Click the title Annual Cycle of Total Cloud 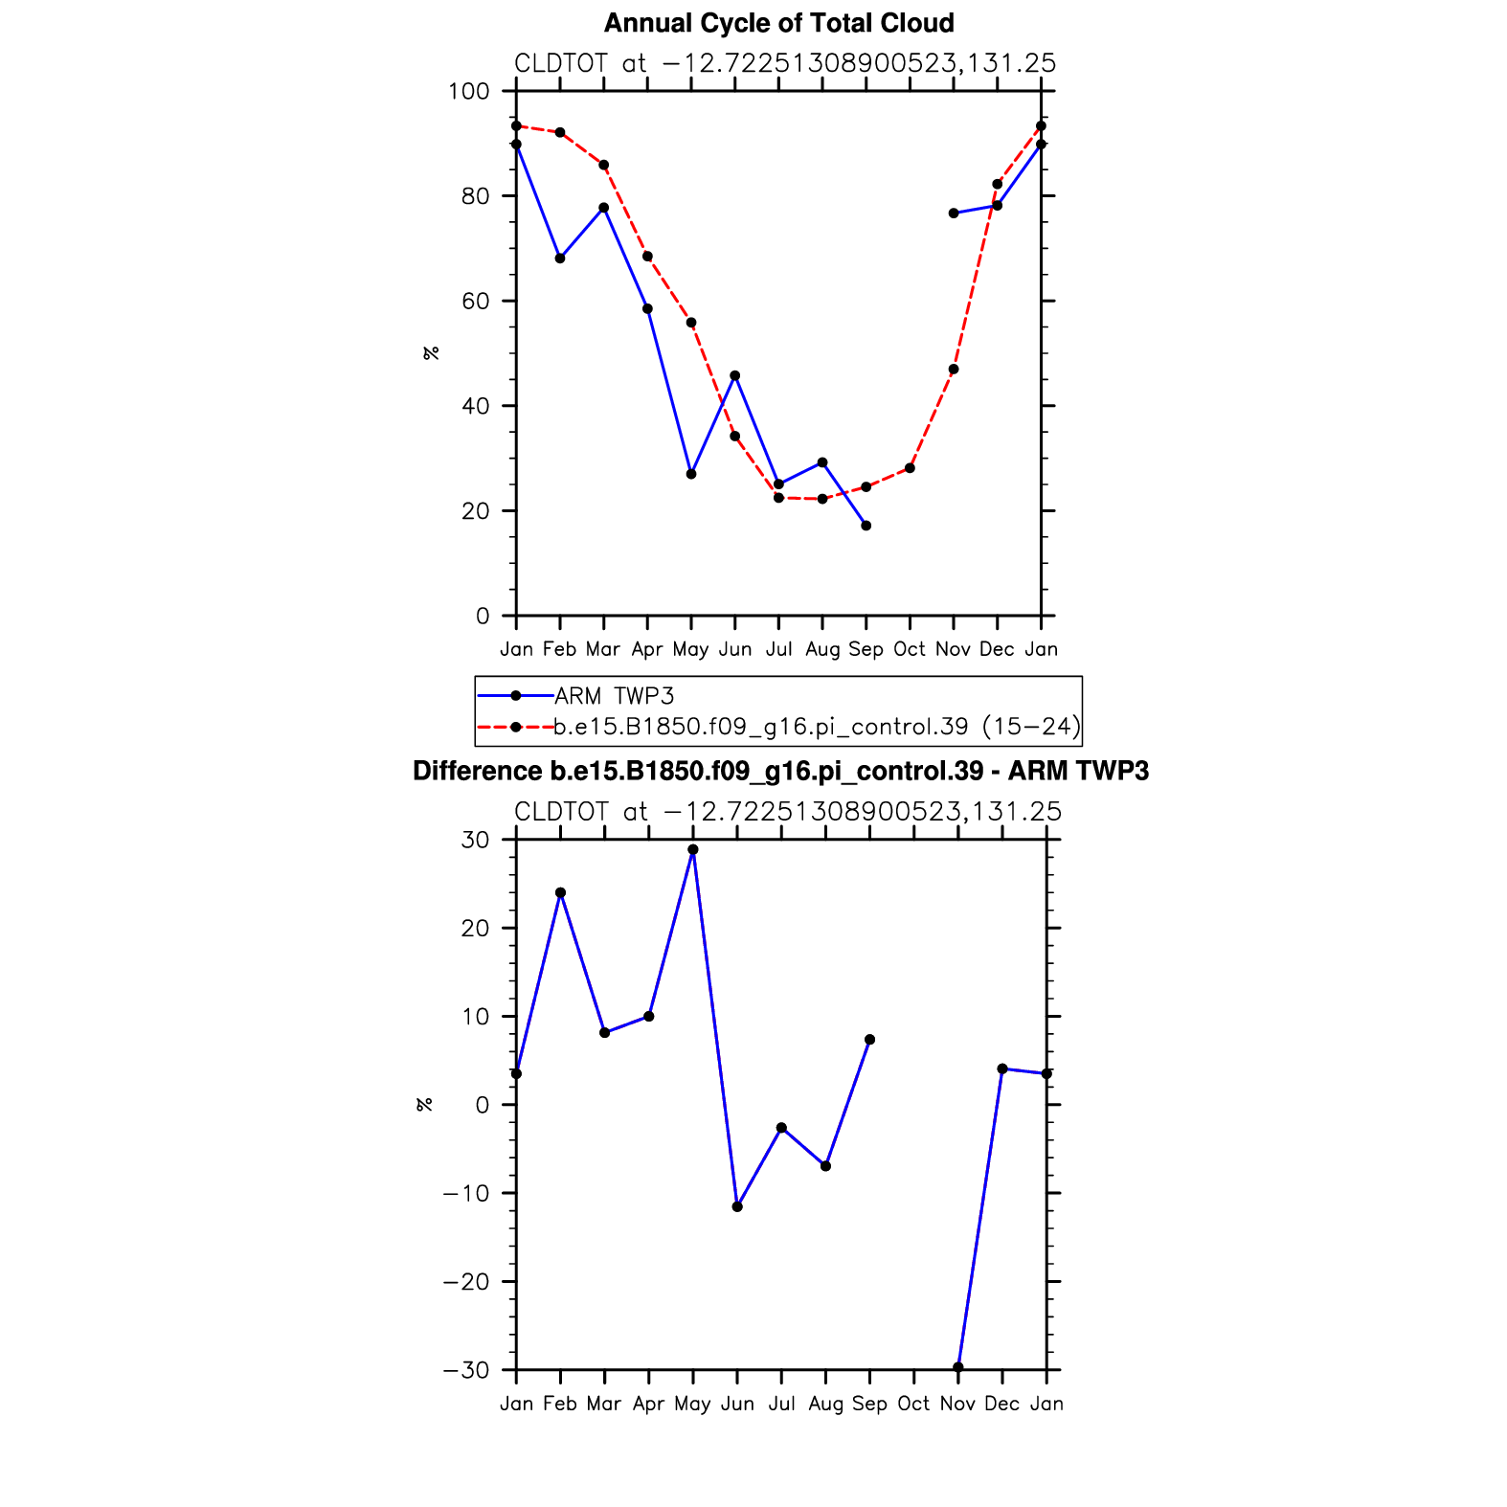[x=778, y=23]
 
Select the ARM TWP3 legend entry [x=614, y=696]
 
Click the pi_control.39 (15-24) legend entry [x=817, y=727]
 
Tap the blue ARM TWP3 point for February [x=560, y=259]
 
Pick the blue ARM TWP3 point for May [x=691, y=474]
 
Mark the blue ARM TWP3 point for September [x=866, y=526]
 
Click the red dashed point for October [x=910, y=468]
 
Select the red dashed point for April [x=647, y=257]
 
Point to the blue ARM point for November [x=954, y=214]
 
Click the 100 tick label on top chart [x=468, y=92]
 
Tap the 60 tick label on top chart [x=475, y=302]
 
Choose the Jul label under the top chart [x=778, y=649]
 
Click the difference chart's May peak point [x=693, y=849]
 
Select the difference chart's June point [x=737, y=1206]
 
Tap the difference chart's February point [x=560, y=892]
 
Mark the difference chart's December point [x=1002, y=1068]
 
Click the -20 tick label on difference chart [x=465, y=1282]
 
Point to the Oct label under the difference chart [x=913, y=1404]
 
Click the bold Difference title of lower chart [x=780, y=772]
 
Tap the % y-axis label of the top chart [x=431, y=353]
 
